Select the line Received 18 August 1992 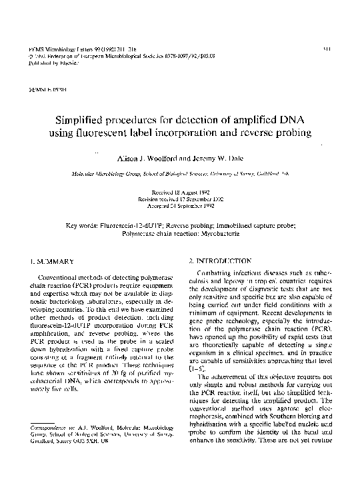(180, 191)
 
